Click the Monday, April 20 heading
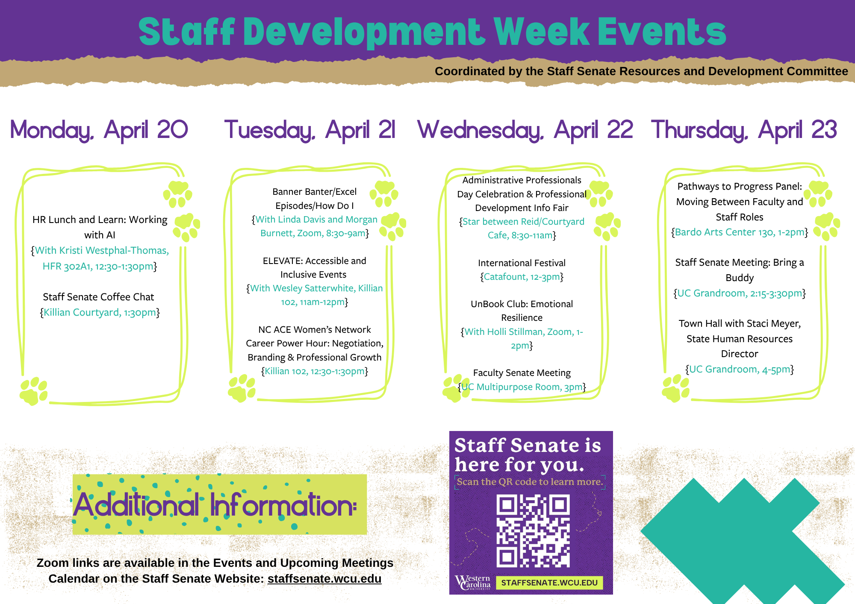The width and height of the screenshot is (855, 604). pos(99,130)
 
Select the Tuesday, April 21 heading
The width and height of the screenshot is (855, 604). pos(310,130)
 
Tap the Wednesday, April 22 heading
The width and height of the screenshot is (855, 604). pos(525,130)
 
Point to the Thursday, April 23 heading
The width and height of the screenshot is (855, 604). pos(744,130)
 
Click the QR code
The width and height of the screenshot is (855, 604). pos(533,531)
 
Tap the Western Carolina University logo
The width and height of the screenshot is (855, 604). pos(473,582)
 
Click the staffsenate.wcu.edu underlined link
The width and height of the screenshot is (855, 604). pos(324,579)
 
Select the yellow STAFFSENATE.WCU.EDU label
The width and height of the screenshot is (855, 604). pos(549,583)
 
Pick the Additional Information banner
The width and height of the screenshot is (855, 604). pos(220,504)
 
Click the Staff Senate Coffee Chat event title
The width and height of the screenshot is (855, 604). pos(98,297)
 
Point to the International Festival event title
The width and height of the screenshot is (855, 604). pos(522,263)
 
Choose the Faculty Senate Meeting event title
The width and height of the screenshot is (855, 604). pos(522,373)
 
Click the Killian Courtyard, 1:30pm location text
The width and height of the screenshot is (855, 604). pos(100,313)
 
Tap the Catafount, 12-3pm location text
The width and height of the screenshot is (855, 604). pos(522,277)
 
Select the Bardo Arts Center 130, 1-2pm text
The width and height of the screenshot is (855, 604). pos(740,232)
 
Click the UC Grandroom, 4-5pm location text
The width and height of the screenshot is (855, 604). pos(740,369)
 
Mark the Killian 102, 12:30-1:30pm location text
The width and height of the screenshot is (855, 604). pos(315,371)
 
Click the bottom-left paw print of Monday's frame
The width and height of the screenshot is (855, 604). pos(33,391)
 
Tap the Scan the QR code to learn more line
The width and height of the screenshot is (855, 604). pos(530,482)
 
